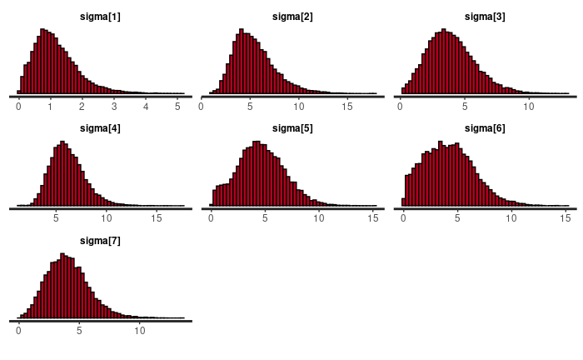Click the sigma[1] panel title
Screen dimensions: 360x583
coord(101,17)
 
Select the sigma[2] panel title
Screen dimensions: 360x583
coord(292,17)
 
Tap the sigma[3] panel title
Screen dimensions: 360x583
coord(484,17)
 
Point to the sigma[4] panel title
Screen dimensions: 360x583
coord(101,127)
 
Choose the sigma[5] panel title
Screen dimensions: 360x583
coord(292,127)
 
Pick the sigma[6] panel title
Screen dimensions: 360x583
coord(484,127)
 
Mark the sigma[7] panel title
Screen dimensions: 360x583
coord(101,240)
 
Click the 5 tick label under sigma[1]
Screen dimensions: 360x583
coord(177,107)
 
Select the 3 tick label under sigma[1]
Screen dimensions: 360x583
coord(114,107)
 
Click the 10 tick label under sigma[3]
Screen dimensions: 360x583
coord(528,107)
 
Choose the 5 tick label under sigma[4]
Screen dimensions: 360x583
coord(56,218)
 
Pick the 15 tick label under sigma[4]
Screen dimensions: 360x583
coord(157,218)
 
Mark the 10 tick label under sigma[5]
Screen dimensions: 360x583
coord(319,218)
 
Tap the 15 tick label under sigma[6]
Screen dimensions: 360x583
coord(564,218)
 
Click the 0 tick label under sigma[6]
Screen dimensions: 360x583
coord(403,218)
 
